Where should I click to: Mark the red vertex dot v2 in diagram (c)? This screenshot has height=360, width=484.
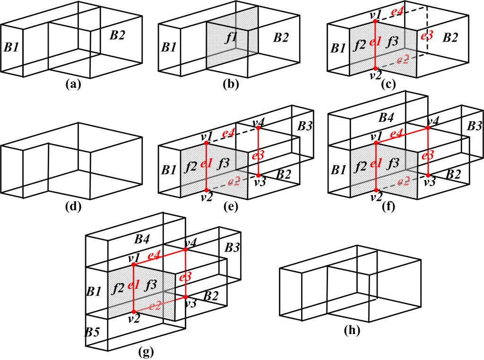pos(374,69)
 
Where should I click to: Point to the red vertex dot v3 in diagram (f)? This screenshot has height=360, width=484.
pos(428,176)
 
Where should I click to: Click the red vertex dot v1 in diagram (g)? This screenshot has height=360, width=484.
pos(133,265)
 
